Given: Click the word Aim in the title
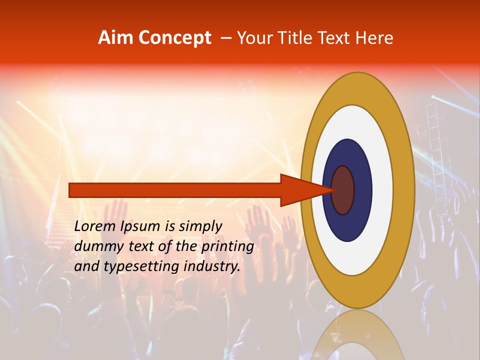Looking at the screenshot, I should (x=115, y=38).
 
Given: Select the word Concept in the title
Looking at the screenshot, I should (x=174, y=38).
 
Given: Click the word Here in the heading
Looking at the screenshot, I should (x=374, y=38).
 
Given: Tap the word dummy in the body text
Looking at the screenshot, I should (x=95, y=246).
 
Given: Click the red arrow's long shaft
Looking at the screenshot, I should (x=175, y=190).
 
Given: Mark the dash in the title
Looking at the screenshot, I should (x=225, y=38).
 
